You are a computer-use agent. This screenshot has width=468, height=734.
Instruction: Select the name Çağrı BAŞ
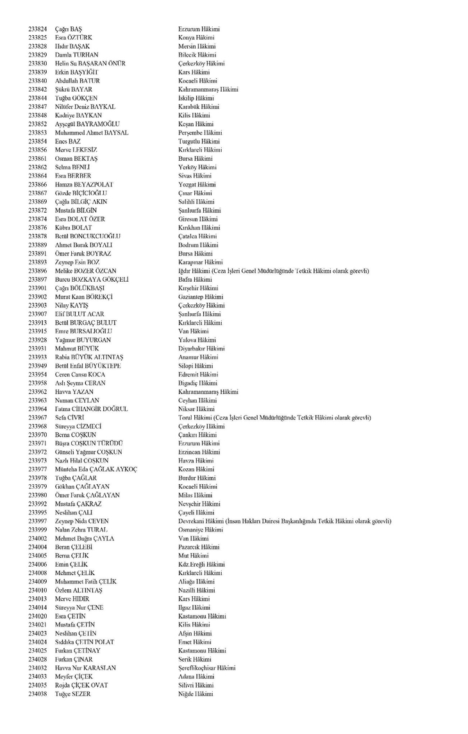pyautogui.click(x=69, y=29)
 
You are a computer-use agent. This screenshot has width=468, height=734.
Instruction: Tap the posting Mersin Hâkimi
pyautogui.click(x=197, y=47)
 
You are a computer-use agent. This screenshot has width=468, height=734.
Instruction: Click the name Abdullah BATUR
pyautogui.click(x=78, y=81)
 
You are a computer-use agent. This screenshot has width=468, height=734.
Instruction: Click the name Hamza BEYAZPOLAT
pyautogui.click(x=83, y=184)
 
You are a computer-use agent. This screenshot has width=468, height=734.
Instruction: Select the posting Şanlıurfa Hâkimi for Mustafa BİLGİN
pyautogui.click(x=199, y=211)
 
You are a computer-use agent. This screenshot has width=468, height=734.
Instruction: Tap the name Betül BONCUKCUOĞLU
pyautogui.click(x=88, y=236)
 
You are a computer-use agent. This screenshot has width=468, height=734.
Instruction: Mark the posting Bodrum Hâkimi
pyautogui.click(x=198, y=245)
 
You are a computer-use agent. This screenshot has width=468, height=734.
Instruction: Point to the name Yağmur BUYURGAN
pyautogui.click(x=83, y=340)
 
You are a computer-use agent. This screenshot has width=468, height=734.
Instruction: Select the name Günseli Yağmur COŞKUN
pyautogui.click(x=88, y=452)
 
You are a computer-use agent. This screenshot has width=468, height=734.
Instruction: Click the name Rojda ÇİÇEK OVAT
pyautogui.click(x=81, y=685)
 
